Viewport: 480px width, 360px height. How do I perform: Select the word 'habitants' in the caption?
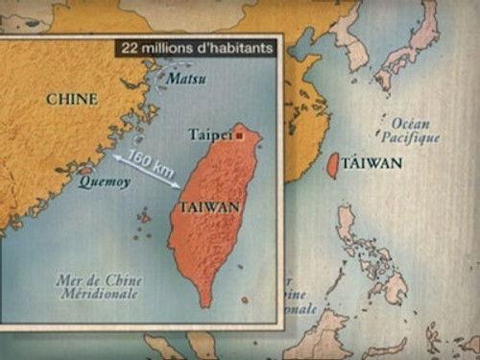coord(242,45)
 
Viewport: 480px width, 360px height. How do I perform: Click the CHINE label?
coord(71,98)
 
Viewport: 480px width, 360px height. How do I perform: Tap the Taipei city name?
coord(210,135)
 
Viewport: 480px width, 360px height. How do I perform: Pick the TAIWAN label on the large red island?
coord(210,206)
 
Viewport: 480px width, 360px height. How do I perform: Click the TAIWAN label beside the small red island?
coord(372,163)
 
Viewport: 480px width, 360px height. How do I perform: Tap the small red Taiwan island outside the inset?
coord(333,165)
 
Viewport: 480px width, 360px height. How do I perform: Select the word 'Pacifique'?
coord(416,137)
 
